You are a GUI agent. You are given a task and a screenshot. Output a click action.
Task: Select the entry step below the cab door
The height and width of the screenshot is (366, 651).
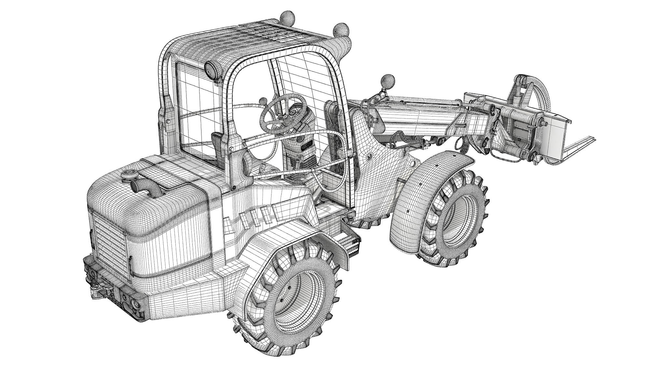point(350,244)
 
